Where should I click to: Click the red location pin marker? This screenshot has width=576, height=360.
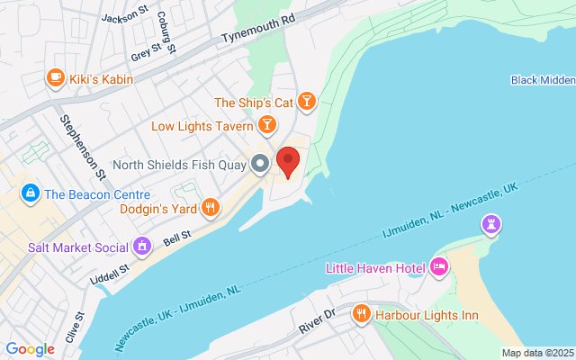coord(288,161)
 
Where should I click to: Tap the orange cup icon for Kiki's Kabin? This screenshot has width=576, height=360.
coord(55,78)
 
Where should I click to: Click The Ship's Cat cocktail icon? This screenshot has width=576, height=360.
coord(307,101)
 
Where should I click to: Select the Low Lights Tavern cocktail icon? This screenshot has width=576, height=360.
coord(266,123)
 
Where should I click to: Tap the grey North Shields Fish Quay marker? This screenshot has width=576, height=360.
coord(260,164)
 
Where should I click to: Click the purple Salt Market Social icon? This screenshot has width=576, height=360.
coord(141,245)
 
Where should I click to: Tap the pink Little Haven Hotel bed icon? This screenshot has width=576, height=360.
coord(439,265)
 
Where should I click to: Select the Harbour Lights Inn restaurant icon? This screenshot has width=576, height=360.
coord(361,313)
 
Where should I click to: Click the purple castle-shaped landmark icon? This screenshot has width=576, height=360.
coord(491,223)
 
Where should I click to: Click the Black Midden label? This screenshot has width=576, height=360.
coord(543,80)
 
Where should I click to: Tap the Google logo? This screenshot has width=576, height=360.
coord(30,349)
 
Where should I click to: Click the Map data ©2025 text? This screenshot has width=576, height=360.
coord(536,353)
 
